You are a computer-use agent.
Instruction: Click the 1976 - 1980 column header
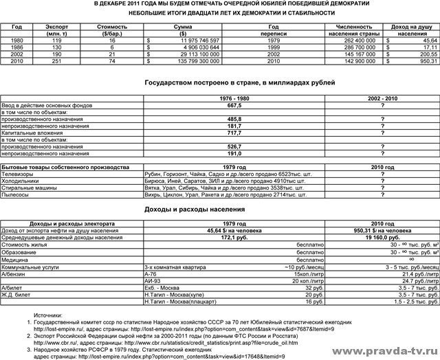[x=234, y=99]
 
